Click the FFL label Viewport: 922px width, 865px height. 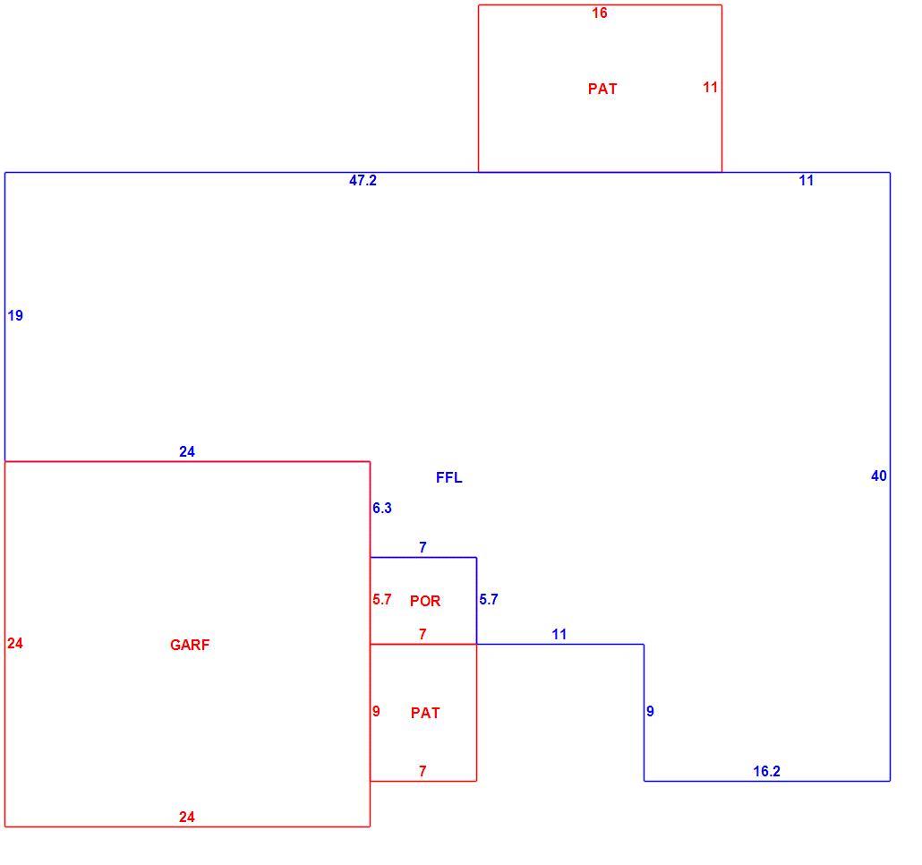[448, 477]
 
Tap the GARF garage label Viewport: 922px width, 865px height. [190, 645]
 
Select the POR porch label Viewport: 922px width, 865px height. [425, 600]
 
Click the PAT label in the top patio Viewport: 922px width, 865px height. [602, 89]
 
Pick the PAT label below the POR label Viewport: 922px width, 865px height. [425, 713]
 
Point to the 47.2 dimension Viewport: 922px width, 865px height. [363, 181]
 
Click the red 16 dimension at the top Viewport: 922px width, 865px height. [599, 13]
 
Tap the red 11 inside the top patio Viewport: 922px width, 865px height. [711, 87]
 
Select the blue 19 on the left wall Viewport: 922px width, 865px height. [15, 316]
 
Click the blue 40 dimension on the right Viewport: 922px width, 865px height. [878, 475]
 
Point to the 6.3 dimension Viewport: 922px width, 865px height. [382, 508]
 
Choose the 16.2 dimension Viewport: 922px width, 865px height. [767, 771]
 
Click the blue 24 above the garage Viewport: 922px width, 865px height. [187, 451]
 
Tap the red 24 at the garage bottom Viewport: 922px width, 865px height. [187, 817]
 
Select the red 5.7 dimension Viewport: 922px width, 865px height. [382, 599]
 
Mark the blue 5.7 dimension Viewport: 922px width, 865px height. [489, 599]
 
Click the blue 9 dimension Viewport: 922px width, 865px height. [650, 711]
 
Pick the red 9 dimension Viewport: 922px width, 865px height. [376, 711]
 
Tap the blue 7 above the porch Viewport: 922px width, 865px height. [423, 547]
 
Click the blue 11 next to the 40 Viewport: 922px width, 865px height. [807, 181]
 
